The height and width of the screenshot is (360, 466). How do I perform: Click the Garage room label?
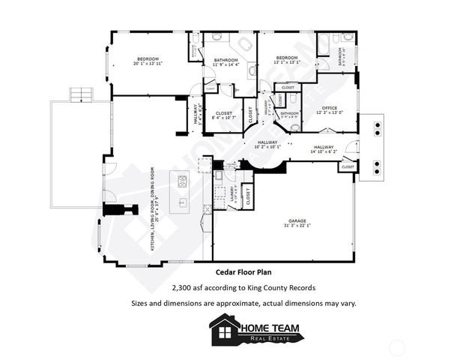[x=297, y=222]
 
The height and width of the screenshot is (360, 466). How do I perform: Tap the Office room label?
[x=330, y=109]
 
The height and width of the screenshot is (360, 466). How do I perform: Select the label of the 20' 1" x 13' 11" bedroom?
[x=148, y=61]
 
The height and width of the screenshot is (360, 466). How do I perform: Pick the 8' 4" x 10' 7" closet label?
[x=224, y=115]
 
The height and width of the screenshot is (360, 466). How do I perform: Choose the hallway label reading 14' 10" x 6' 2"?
[x=324, y=149]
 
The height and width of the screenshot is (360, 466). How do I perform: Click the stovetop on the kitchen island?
[x=181, y=181]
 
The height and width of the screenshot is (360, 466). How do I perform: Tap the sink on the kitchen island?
[x=182, y=202]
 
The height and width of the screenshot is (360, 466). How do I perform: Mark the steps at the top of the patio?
[x=79, y=94]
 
